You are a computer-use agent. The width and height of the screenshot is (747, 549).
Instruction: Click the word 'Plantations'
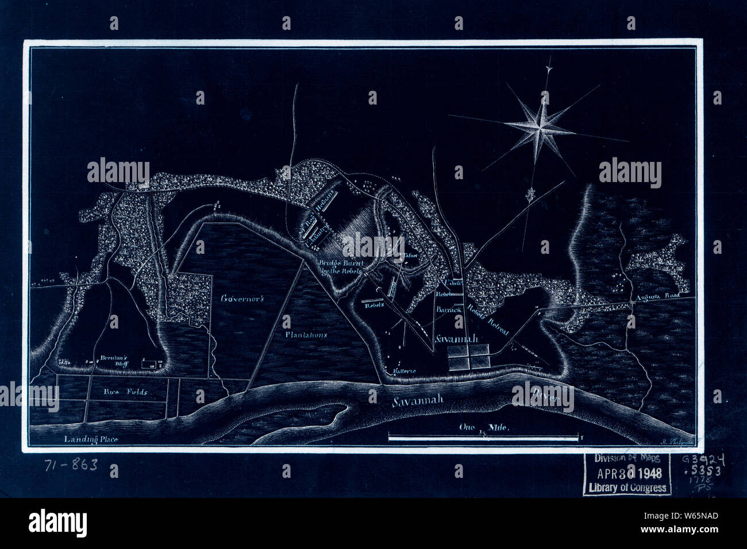[306, 334]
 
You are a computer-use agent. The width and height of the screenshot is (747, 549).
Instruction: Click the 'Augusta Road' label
[655, 297]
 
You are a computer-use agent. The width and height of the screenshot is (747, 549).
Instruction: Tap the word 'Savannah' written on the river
[418, 401]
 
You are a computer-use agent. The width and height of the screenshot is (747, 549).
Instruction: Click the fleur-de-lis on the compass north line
[532, 194]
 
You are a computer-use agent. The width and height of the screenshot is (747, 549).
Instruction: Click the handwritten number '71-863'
[71, 465]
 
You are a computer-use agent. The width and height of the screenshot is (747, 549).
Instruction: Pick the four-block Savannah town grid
[469, 357]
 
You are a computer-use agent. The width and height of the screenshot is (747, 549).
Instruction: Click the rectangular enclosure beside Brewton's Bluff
[149, 363]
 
